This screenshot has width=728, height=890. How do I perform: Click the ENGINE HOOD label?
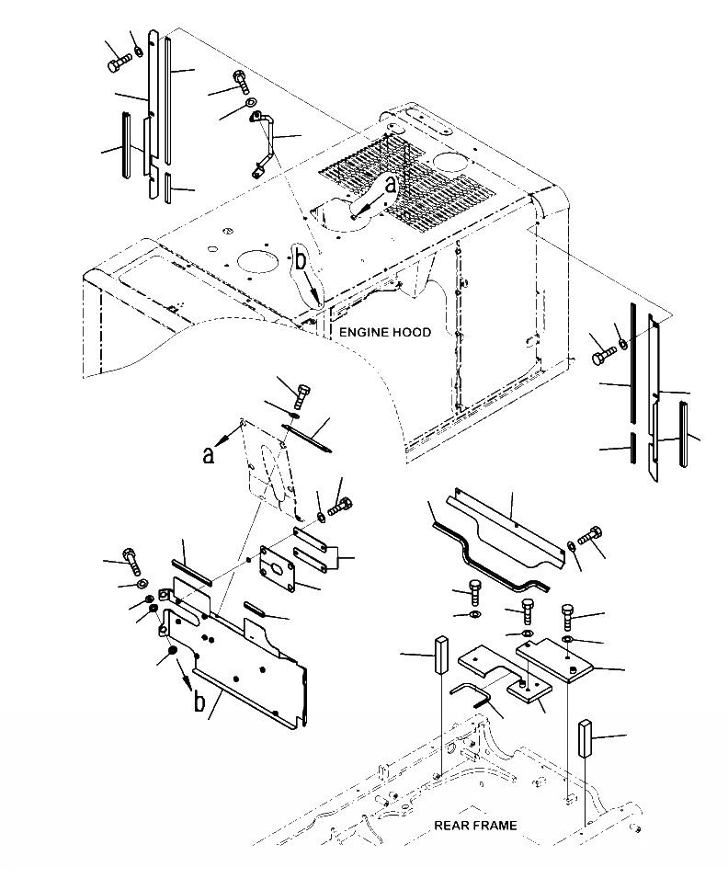(384, 332)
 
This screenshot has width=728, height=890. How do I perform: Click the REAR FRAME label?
(474, 825)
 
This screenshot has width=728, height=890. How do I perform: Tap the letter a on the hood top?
(391, 185)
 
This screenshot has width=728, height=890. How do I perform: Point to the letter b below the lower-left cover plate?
(199, 703)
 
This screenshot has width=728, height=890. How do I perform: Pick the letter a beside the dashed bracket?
(209, 455)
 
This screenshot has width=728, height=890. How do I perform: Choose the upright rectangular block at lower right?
(585, 738)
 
